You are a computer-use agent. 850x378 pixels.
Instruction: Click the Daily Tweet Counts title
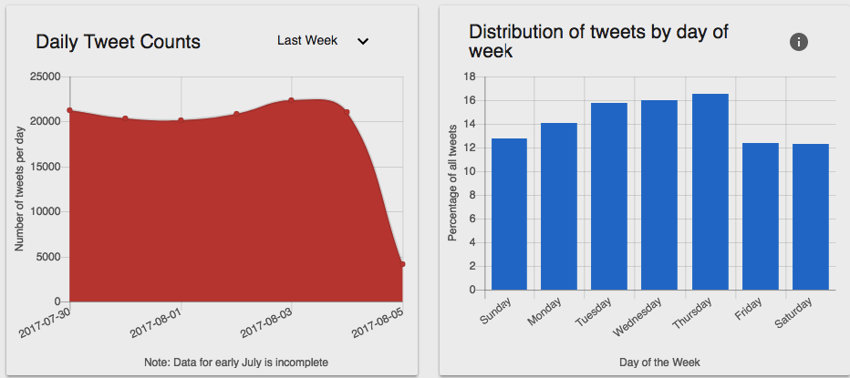click(118, 42)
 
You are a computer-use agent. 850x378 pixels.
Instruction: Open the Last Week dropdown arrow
click(363, 41)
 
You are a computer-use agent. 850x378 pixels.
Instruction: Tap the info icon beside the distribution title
click(799, 42)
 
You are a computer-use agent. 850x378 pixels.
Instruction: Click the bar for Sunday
click(509, 214)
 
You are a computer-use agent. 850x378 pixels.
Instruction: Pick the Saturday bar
click(811, 217)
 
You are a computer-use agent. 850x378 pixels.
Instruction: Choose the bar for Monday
click(559, 206)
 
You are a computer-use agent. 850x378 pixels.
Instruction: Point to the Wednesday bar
click(659, 195)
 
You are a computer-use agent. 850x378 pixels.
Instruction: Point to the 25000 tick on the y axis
click(46, 77)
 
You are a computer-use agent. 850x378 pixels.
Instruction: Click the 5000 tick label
click(48, 257)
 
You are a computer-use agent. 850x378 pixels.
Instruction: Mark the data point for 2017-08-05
click(402, 264)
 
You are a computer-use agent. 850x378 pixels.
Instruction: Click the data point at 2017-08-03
click(291, 100)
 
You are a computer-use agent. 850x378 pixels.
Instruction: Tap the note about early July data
click(236, 363)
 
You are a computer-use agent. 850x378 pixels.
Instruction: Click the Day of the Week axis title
click(659, 363)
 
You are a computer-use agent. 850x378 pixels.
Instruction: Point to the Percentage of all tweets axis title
click(452, 183)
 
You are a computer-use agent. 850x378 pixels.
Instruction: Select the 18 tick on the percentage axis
click(470, 77)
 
